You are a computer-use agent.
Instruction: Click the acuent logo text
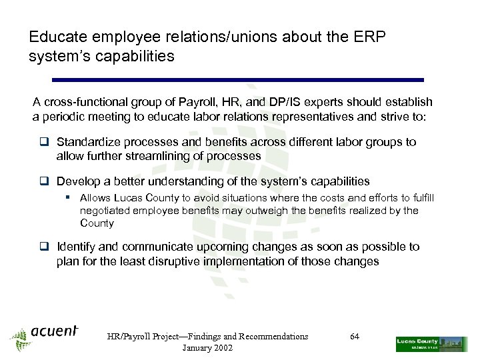(54, 331)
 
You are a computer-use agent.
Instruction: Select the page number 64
(355, 337)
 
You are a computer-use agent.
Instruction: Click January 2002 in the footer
(207, 349)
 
